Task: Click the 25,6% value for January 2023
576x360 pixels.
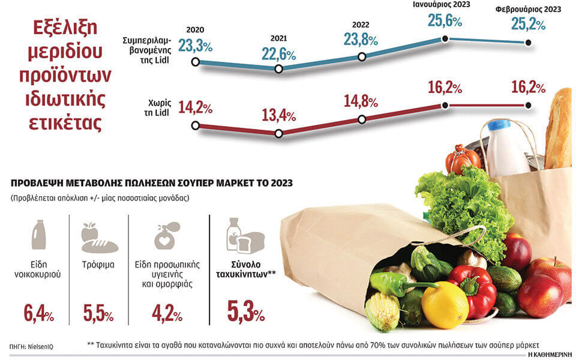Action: click(445, 22)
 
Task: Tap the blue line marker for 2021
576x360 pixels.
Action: click(278, 69)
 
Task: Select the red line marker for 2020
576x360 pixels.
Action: click(194, 125)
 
